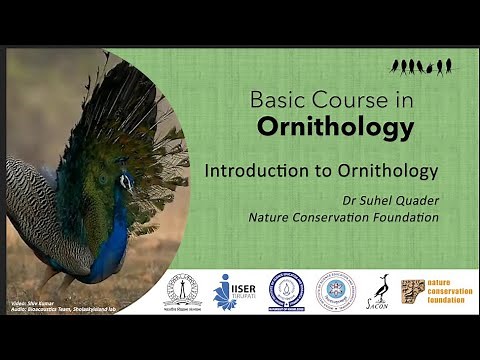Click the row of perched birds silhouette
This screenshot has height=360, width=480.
point(421,67)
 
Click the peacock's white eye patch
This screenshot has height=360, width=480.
point(126,181)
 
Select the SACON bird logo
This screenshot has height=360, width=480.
point(381,291)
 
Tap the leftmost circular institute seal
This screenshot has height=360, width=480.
point(181,290)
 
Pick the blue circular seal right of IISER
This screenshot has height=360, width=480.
point(287,291)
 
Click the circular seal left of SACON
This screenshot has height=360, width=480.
point(335,291)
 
